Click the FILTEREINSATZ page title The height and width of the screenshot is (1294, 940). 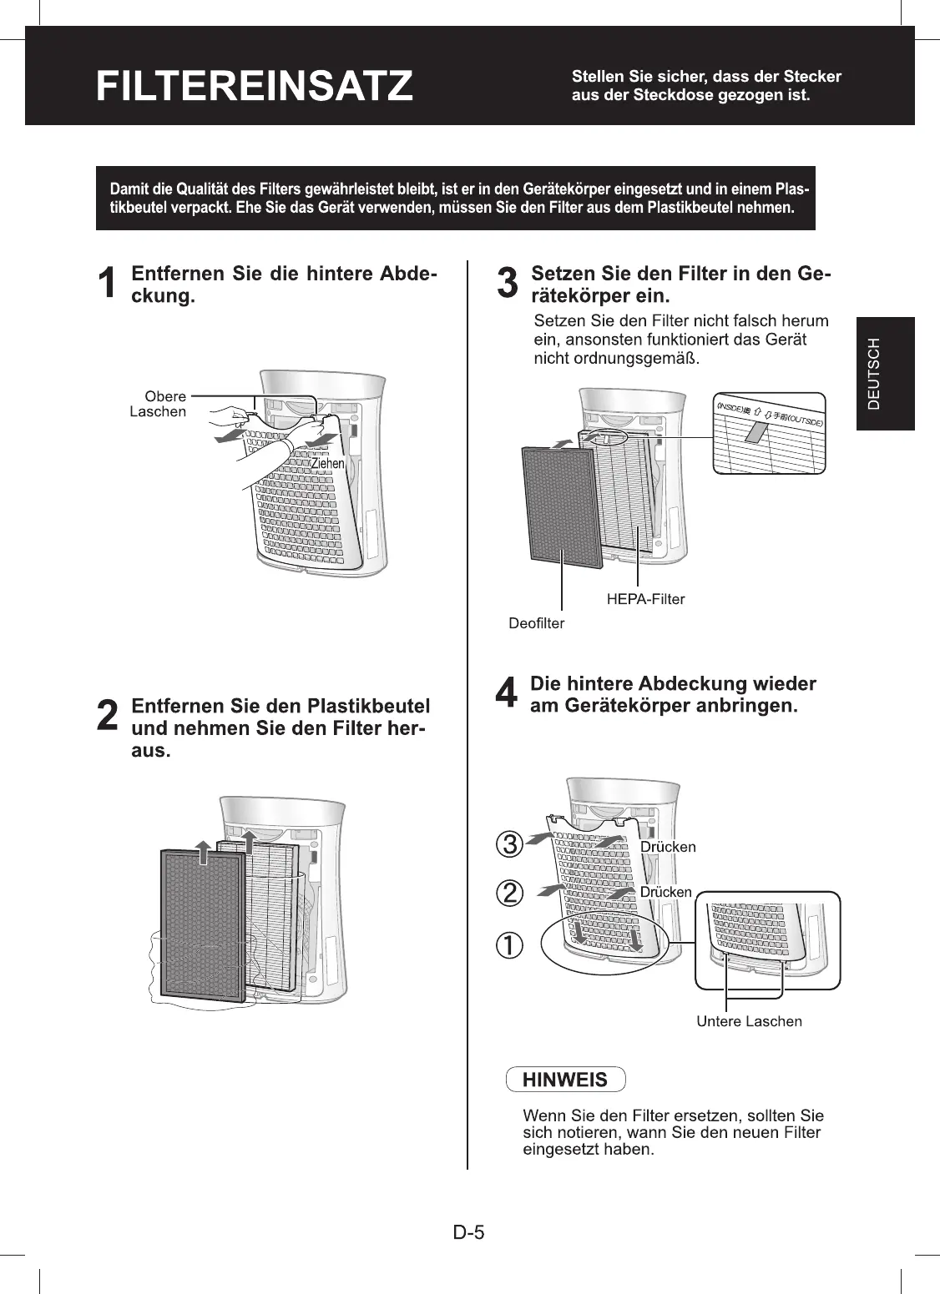coord(254,86)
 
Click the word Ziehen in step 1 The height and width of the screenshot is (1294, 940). coord(327,463)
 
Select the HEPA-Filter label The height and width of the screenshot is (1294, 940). coord(645,598)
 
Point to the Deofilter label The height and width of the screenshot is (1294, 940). coord(536,623)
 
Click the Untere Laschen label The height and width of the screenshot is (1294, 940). coord(749,1021)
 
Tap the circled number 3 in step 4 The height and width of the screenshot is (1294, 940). coord(509,844)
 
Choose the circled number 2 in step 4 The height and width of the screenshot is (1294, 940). coord(509,894)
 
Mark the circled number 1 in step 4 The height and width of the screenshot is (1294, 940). coord(509,945)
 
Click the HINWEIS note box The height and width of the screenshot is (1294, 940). coord(565,1080)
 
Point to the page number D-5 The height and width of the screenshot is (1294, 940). coord(469,1232)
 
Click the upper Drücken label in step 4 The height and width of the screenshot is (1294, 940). coord(668,847)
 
